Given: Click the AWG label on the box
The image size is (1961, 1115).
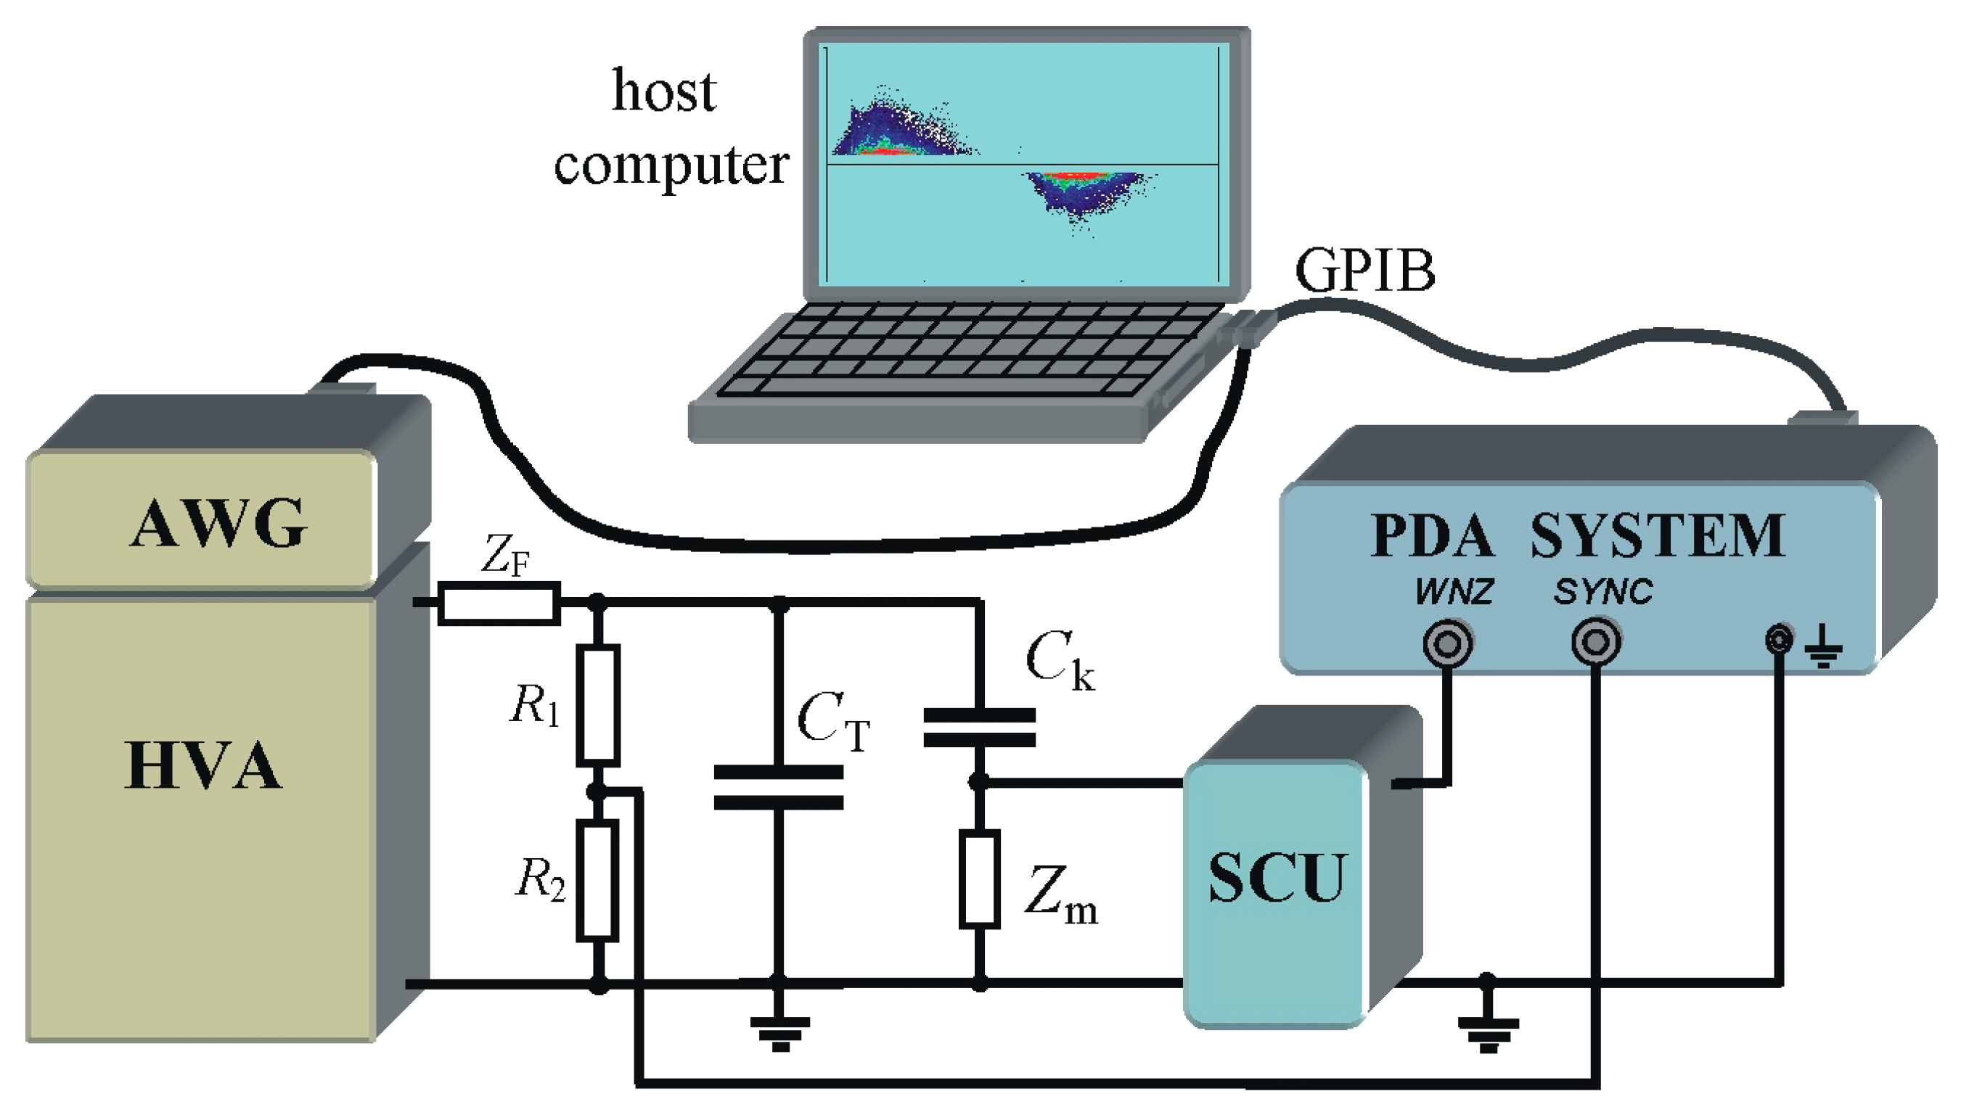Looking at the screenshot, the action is click(x=218, y=524).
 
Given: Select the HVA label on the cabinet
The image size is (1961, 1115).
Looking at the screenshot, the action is click(x=203, y=765).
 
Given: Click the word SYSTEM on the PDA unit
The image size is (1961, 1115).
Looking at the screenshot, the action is click(x=1658, y=535).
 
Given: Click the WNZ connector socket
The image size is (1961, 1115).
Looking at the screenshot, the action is click(x=1448, y=643).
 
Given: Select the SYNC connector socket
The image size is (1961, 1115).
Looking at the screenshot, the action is click(x=1597, y=642).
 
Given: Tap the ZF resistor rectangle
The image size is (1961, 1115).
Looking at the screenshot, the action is click(x=499, y=604).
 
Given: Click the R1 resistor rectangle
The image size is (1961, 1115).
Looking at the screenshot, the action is click(x=597, y=705).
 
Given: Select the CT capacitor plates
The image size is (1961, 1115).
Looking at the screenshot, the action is click(x=778, y=787).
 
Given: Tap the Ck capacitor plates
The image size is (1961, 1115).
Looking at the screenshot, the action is click(x=980, y=728).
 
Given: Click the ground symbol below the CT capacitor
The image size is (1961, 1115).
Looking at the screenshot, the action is click(x=779, y=1034).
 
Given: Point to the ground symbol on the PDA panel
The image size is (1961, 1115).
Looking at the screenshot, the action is click(x=1824, y=647).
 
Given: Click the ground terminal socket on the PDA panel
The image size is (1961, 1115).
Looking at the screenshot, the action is click(x=1780, y=638).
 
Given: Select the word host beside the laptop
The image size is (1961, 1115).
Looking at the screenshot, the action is click(x=664, y=91).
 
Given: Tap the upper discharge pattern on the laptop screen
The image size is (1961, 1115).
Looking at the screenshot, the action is click(x=904, y=126).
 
